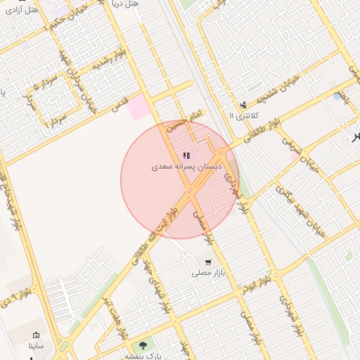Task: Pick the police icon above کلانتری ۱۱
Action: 243,104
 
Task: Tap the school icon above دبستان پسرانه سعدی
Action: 186,155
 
